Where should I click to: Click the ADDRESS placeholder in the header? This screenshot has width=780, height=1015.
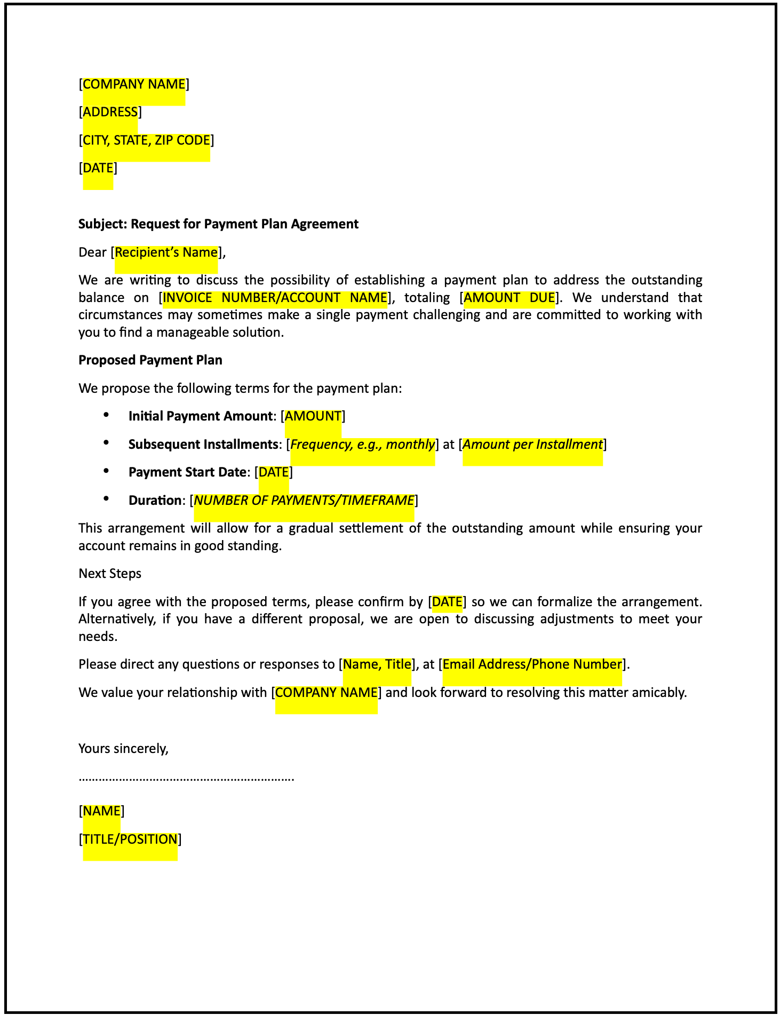[110, 112]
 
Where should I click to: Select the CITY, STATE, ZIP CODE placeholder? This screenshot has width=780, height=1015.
[146, 140]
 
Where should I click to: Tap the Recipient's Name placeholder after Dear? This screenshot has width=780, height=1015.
[166, 252]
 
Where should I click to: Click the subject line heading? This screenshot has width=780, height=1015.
[218, 224]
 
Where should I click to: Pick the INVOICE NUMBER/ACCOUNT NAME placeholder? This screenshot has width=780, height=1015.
[275, 298]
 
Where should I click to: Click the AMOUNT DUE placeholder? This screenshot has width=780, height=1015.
[509, 298]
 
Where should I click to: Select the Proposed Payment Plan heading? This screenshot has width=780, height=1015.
[150, 360]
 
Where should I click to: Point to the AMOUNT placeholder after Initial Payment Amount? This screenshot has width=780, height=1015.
[313, 416]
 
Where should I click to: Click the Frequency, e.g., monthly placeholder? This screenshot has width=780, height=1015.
[362, 445]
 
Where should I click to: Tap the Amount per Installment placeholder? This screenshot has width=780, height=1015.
[532, 445]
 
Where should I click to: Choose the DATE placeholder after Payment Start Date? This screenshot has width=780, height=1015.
[274, 472]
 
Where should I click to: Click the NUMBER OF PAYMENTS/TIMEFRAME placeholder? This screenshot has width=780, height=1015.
[304, 501]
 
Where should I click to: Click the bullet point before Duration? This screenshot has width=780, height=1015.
[106, 499]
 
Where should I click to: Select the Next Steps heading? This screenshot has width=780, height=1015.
[110, 574]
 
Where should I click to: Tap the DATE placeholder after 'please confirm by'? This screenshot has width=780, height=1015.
[447, 602]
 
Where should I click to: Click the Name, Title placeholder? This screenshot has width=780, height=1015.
[377, 664]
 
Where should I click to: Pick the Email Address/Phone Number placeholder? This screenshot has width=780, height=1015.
[532, 664]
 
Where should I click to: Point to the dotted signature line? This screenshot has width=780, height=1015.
[186, 779]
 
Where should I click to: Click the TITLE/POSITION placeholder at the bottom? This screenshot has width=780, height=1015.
[130, 839]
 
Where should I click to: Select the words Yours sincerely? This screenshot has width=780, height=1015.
[123, 749]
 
